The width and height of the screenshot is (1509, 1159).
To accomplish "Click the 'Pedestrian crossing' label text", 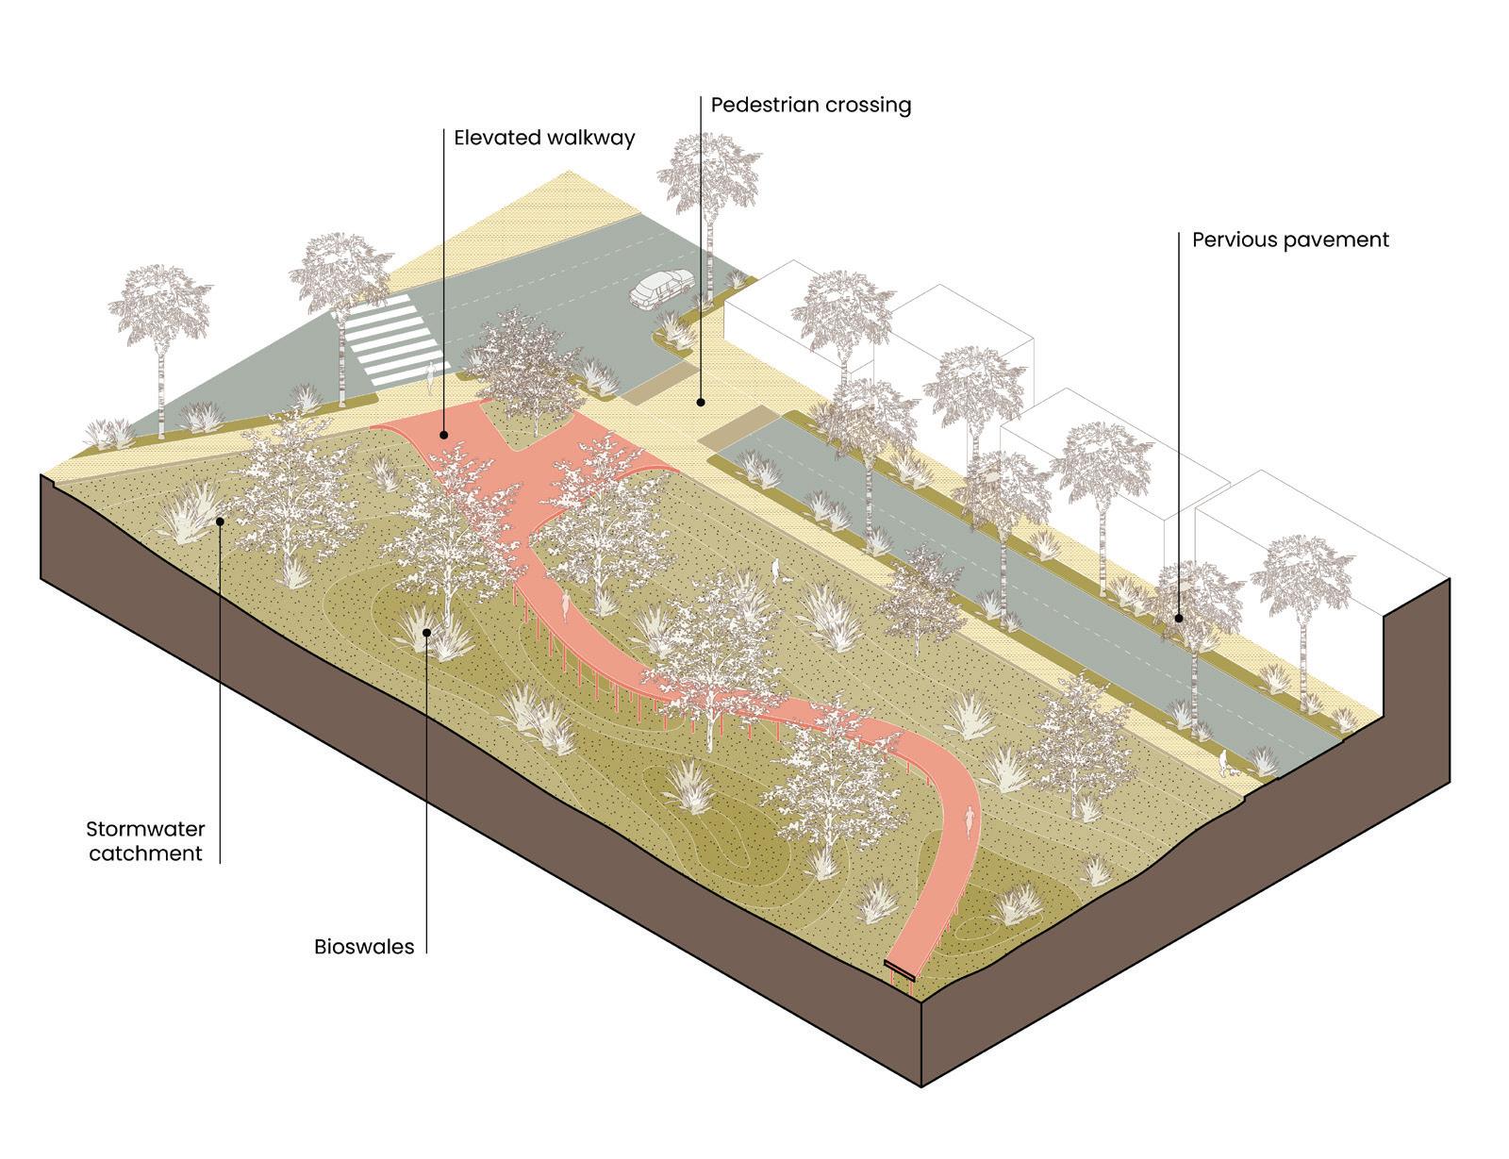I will (811, 104).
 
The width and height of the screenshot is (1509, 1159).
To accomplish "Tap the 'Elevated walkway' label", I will (544, 138).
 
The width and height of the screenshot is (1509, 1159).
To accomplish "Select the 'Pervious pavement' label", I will (1290, 240).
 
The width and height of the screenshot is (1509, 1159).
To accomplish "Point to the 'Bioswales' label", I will (364, 947).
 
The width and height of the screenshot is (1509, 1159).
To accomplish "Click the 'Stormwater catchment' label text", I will (145, 841).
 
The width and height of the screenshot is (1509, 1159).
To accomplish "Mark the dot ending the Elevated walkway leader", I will (444, 435).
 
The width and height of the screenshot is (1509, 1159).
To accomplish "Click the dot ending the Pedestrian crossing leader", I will (701, 403).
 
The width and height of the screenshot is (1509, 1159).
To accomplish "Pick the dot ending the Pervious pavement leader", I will (1179, 619).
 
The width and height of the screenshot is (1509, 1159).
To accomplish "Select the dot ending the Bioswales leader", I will (427, 632).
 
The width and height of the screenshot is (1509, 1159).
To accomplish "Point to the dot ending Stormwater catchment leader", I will (220, 520).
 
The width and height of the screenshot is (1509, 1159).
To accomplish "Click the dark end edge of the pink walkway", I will (903, 970).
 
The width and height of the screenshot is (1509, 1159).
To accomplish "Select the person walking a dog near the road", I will (1223, 761).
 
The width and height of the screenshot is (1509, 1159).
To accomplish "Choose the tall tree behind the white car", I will (708, 189).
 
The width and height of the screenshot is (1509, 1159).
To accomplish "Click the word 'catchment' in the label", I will (145, 854).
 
